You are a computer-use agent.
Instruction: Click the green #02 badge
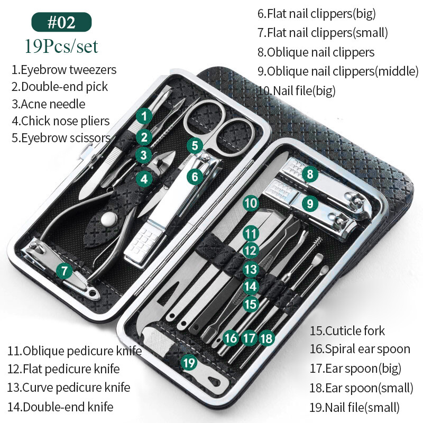tap(61, 22)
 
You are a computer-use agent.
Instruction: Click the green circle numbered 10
tap(251, 203)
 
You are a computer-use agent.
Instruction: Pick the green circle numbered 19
tap(189, 363)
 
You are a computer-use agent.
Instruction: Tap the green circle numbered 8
tap(310, 174)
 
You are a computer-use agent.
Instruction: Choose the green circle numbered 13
tap(251, 269)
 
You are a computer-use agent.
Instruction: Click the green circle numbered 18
tap(267, 337)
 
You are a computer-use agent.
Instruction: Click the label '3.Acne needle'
tap(48, 104)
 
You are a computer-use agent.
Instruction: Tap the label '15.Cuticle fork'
tap(347, 331)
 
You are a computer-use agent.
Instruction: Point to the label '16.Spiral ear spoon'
tap(360, 349)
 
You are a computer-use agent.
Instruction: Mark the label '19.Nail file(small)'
tap(354, 407)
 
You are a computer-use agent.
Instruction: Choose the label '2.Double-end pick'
tap(60, 87)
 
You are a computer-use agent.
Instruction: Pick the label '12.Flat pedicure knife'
tap(63, 369)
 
